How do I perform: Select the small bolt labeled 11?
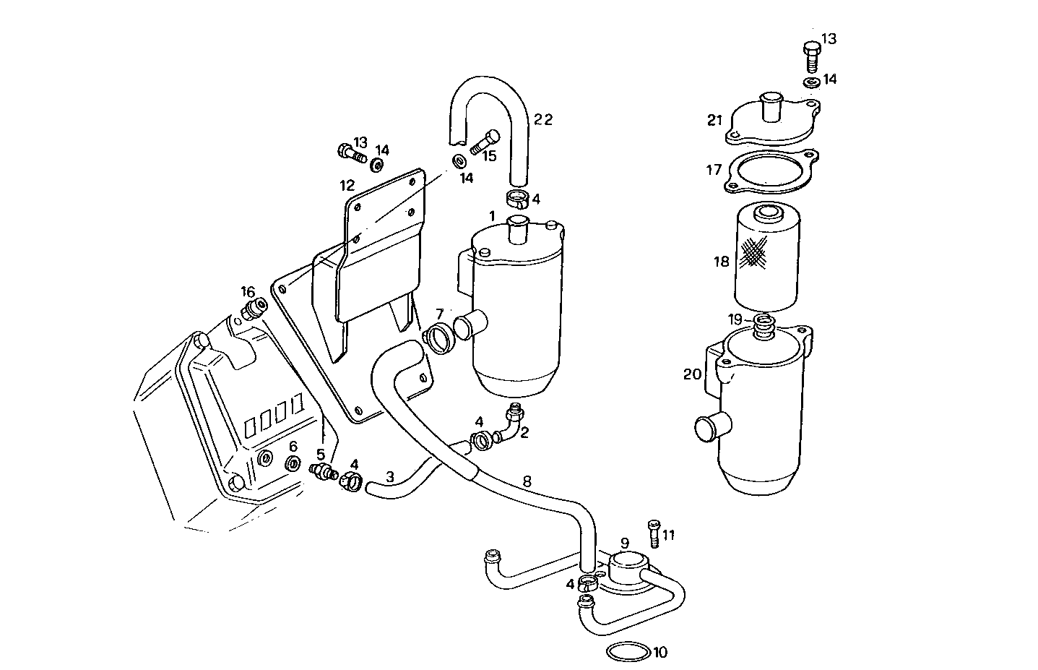(653, 533)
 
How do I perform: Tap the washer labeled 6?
(293, 463)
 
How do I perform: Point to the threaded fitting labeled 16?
(251, 311)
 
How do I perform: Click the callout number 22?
(542, 120)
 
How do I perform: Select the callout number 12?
(347, 186)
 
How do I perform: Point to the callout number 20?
(692, 374)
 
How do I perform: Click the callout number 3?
(389, 476)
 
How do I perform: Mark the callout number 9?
(624, 542)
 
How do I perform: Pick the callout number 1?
(491, 215)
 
